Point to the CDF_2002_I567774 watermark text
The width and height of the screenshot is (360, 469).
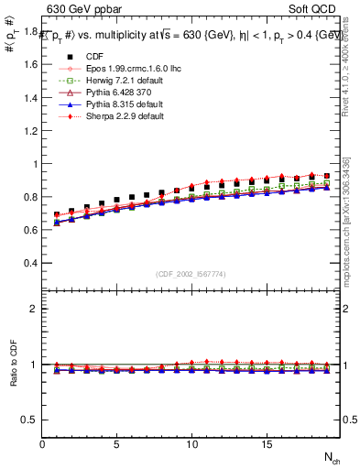coord(191,273)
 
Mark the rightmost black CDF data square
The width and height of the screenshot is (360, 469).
coord(326,175)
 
